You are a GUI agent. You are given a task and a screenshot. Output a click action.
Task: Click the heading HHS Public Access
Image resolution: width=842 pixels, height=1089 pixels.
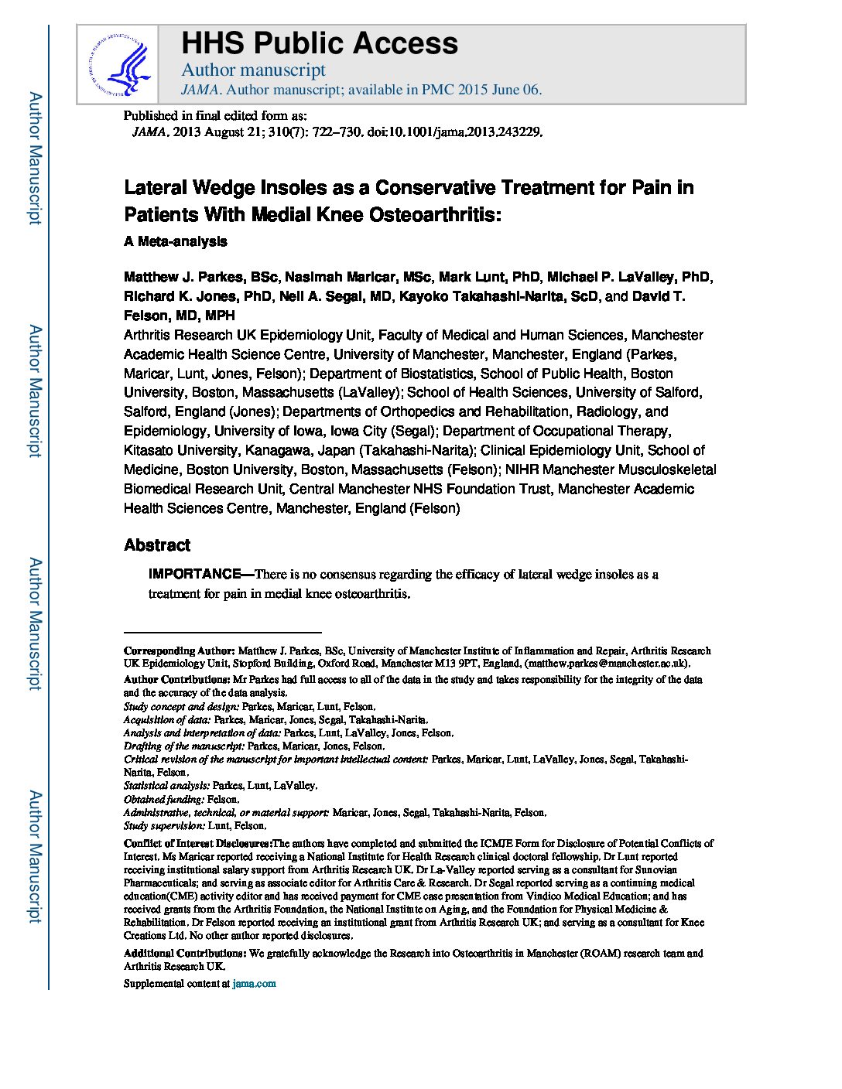point(319,43)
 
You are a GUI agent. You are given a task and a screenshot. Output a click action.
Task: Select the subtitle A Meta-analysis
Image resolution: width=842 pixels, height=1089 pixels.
point(175,241)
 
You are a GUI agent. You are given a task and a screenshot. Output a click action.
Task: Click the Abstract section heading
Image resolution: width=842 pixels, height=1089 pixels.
point(156,545)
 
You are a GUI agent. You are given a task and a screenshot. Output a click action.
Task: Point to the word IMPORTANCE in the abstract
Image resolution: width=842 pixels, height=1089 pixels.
point(195,574)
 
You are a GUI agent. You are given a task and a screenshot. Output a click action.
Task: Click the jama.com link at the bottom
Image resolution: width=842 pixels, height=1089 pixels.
point(254,984)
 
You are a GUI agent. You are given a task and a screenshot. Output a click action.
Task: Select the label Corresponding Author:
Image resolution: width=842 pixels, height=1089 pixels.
point(179,650)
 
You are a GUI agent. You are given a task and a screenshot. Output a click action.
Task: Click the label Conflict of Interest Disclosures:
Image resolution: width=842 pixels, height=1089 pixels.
point(197,843)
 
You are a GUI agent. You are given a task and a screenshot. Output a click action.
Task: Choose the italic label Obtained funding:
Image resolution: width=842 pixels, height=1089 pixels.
point(164,799)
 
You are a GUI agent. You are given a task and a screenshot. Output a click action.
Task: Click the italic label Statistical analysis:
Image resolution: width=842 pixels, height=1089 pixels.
point(166,786)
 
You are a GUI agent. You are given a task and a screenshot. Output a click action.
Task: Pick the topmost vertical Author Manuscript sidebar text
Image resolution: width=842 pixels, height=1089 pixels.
point(35,159)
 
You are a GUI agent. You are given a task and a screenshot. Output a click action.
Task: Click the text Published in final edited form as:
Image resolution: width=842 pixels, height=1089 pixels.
point(215,116)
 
